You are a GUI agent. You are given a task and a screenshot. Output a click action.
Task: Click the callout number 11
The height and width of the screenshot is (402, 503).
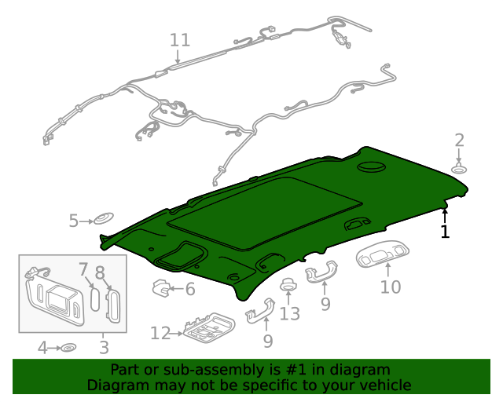(180, 39)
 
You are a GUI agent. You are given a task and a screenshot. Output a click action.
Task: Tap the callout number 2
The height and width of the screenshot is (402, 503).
(460, 141)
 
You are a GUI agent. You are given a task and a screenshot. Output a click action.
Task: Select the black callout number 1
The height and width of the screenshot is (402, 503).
(445, 232)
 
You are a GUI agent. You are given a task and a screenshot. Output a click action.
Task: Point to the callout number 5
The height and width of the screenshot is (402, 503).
(73, 221)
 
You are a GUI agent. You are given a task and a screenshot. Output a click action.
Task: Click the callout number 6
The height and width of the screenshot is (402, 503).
(189, 290)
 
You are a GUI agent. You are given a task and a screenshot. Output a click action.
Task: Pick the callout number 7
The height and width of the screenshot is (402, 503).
(84, 271)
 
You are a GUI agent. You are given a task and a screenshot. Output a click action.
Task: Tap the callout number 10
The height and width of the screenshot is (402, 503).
(391, 287)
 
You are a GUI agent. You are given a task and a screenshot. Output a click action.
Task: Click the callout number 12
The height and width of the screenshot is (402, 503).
(160, 334)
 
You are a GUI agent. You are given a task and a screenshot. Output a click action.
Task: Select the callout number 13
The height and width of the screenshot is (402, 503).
(290, 314)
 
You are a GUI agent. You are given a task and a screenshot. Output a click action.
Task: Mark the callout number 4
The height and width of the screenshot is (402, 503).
(43, 346)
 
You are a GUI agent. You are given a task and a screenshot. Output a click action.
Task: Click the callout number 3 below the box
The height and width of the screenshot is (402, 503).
(105, 346)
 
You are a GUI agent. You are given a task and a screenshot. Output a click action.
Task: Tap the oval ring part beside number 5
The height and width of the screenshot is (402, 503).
(102, 219)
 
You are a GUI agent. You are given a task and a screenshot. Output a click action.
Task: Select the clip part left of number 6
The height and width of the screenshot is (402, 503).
(162, 289)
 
